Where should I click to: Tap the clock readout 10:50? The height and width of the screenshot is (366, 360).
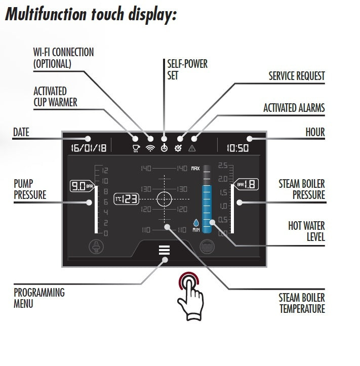pyautogui.click(x=237, y=148)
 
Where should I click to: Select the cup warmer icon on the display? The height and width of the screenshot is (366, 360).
pyautogui.click(x=136, y=148)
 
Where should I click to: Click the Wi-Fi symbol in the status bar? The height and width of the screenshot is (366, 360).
pyautogui.click(x=150, y=148)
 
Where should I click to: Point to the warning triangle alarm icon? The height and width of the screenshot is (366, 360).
pyautogui.click(x=193, y=148)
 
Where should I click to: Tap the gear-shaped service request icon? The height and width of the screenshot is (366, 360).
pyautogui.click(x=178, y=148)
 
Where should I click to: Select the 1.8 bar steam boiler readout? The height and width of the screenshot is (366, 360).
pyautogui.click(x=247, y=185)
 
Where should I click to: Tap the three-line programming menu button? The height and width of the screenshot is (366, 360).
pyautogui.click(x=164, y=251)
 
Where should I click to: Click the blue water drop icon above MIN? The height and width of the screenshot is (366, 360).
pyautogui.click(x=196, y=222)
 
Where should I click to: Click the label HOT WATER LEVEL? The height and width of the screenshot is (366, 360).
pyautogui.click(x=307, y=231)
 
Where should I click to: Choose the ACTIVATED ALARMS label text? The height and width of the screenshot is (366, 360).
pyautogui.click(x=294, y=108)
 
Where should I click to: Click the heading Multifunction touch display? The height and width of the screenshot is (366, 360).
pyautogui.click(x=91, y=15)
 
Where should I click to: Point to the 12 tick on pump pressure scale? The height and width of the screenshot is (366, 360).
pyautogui.click(x=105, y=170)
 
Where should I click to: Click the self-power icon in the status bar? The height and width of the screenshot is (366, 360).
pyautogui.click(x=164, y=148)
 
